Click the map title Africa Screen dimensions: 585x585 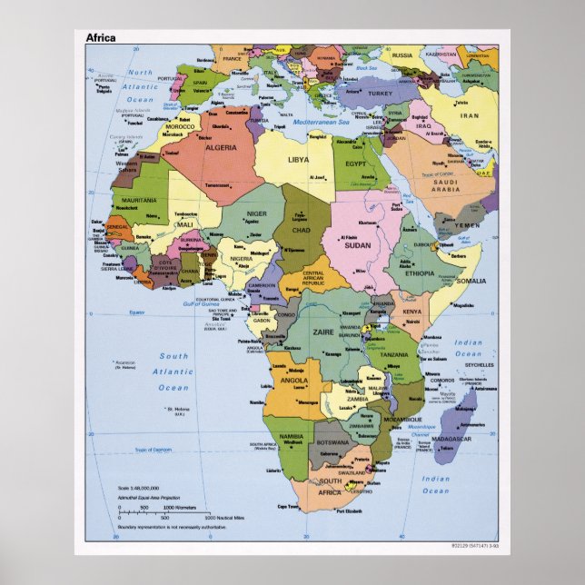[x=100, y=38]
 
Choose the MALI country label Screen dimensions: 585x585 [x=185, y=223]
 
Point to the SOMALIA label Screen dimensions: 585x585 [x=471, y=281]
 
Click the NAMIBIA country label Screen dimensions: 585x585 [x=292, y=437]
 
